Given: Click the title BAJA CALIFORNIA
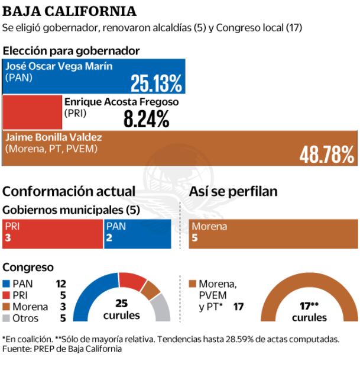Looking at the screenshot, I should coord(69,11).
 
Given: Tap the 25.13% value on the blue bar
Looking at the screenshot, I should coord(156,84).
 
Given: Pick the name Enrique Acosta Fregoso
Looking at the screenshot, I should coord(121,101).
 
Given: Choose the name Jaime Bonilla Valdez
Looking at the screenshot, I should coord(54,137).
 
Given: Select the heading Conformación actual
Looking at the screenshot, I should coord(69,191).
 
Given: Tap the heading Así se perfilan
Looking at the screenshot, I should coord(233,191).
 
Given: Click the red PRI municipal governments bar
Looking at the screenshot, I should coord(53,233).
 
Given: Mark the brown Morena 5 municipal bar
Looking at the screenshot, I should coord(273,233).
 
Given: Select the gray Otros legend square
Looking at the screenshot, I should coord(8,318).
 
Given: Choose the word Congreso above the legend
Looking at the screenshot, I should coord(28,268).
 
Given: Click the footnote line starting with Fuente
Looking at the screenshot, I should coord(62,349).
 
